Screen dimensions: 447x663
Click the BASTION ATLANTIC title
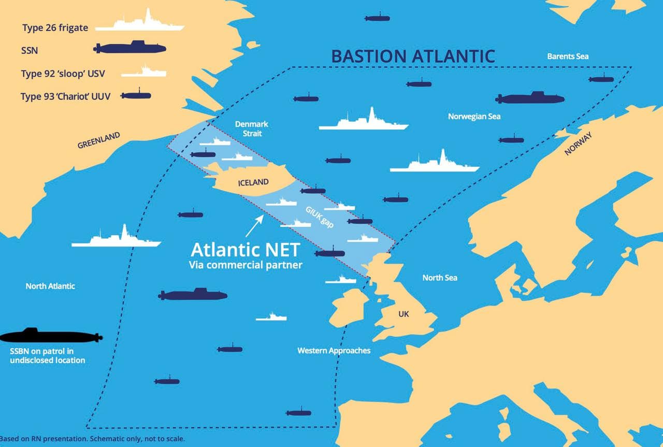413,55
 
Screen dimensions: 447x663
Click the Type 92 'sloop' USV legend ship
144,73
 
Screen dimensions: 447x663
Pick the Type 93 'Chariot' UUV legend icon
136,96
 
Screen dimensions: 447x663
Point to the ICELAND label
253,182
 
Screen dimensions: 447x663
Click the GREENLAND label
99,140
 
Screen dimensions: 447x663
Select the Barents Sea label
568,56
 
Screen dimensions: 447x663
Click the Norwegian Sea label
474,117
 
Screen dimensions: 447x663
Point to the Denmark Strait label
252,128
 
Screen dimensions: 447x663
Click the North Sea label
440,278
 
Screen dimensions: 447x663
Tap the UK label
403,314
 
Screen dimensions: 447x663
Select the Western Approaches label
334,351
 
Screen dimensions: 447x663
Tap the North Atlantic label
50,286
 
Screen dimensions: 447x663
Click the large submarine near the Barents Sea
529,98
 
